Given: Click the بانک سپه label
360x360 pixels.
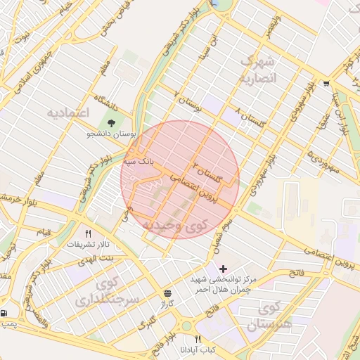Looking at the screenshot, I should click(x=138, y=162).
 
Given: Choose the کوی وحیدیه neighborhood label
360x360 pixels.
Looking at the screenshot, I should click(x=175, y=225).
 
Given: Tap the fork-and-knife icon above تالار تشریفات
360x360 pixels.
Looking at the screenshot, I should click(x=89, y=233).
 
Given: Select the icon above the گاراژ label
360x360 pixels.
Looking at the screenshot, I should click(x=167, y=293).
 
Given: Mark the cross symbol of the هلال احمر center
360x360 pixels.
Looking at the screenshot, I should click(x=224, y=269).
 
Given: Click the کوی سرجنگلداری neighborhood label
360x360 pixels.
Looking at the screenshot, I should click(x=108, y=292).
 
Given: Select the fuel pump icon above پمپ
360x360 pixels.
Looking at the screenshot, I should click(x=6, y=314).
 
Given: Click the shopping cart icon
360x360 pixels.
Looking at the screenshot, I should click(x=326, y=84).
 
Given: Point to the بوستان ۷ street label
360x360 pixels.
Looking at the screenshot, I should click(x=188, y=103).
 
